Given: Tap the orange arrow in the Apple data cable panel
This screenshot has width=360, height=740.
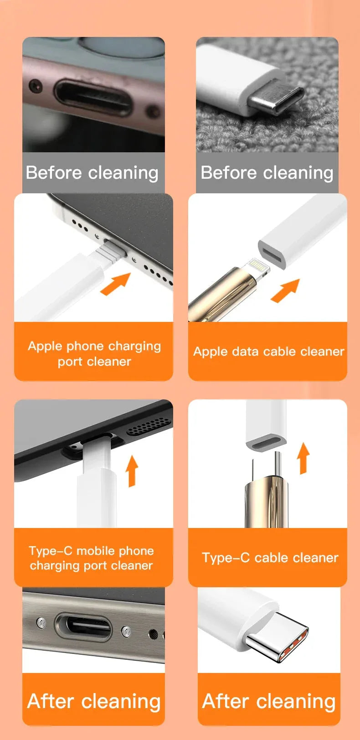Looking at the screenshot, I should click(x=286, y=290).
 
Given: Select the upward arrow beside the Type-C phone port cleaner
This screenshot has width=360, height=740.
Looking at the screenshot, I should click(x=132, y=470).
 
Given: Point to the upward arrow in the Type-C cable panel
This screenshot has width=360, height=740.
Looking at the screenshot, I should click(x=303, y=458).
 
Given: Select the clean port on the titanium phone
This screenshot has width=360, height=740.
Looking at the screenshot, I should click(x=83, y=626).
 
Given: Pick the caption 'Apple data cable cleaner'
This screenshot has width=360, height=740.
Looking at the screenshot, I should click(x=268, y=352).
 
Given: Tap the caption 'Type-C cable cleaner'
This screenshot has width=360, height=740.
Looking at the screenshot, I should click(x=270, y=558).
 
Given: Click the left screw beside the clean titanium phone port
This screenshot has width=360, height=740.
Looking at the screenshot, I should click(x=41, y=622).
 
